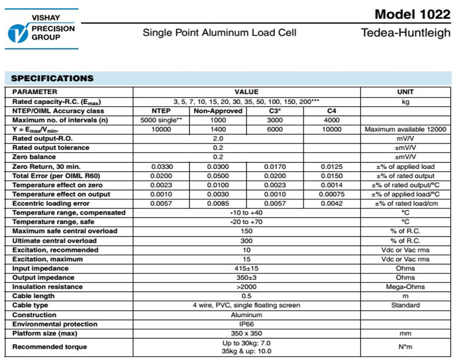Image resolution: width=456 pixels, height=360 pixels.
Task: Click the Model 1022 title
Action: [412, 14]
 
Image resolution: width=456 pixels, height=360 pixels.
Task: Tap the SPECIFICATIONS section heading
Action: [52, 78]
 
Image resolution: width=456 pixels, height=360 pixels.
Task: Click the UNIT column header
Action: [405, 92]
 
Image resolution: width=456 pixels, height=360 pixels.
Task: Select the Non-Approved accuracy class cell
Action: [218, 111]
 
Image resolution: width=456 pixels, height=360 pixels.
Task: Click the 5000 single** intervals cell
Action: [161, 120]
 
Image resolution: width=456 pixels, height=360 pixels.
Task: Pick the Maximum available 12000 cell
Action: [405, 129]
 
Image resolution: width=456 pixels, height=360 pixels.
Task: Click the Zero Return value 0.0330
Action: [161, 166]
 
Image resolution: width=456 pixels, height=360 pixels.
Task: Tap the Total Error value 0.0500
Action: [218, 176]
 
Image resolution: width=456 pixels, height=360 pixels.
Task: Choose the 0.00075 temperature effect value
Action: [331, 194]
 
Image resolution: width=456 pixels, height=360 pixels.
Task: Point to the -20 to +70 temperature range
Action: [247, 222]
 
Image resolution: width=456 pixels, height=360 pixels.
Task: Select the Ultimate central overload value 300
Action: [247, 241]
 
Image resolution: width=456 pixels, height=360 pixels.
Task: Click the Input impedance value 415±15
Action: [247, 268]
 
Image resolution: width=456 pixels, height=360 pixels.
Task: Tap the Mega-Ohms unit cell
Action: [405, 287]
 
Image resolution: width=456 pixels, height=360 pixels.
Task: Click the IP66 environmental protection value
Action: [247, 324]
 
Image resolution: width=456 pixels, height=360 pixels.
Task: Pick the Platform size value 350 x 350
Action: [247, 334]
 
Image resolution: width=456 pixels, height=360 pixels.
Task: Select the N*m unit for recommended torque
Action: [405, 347]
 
